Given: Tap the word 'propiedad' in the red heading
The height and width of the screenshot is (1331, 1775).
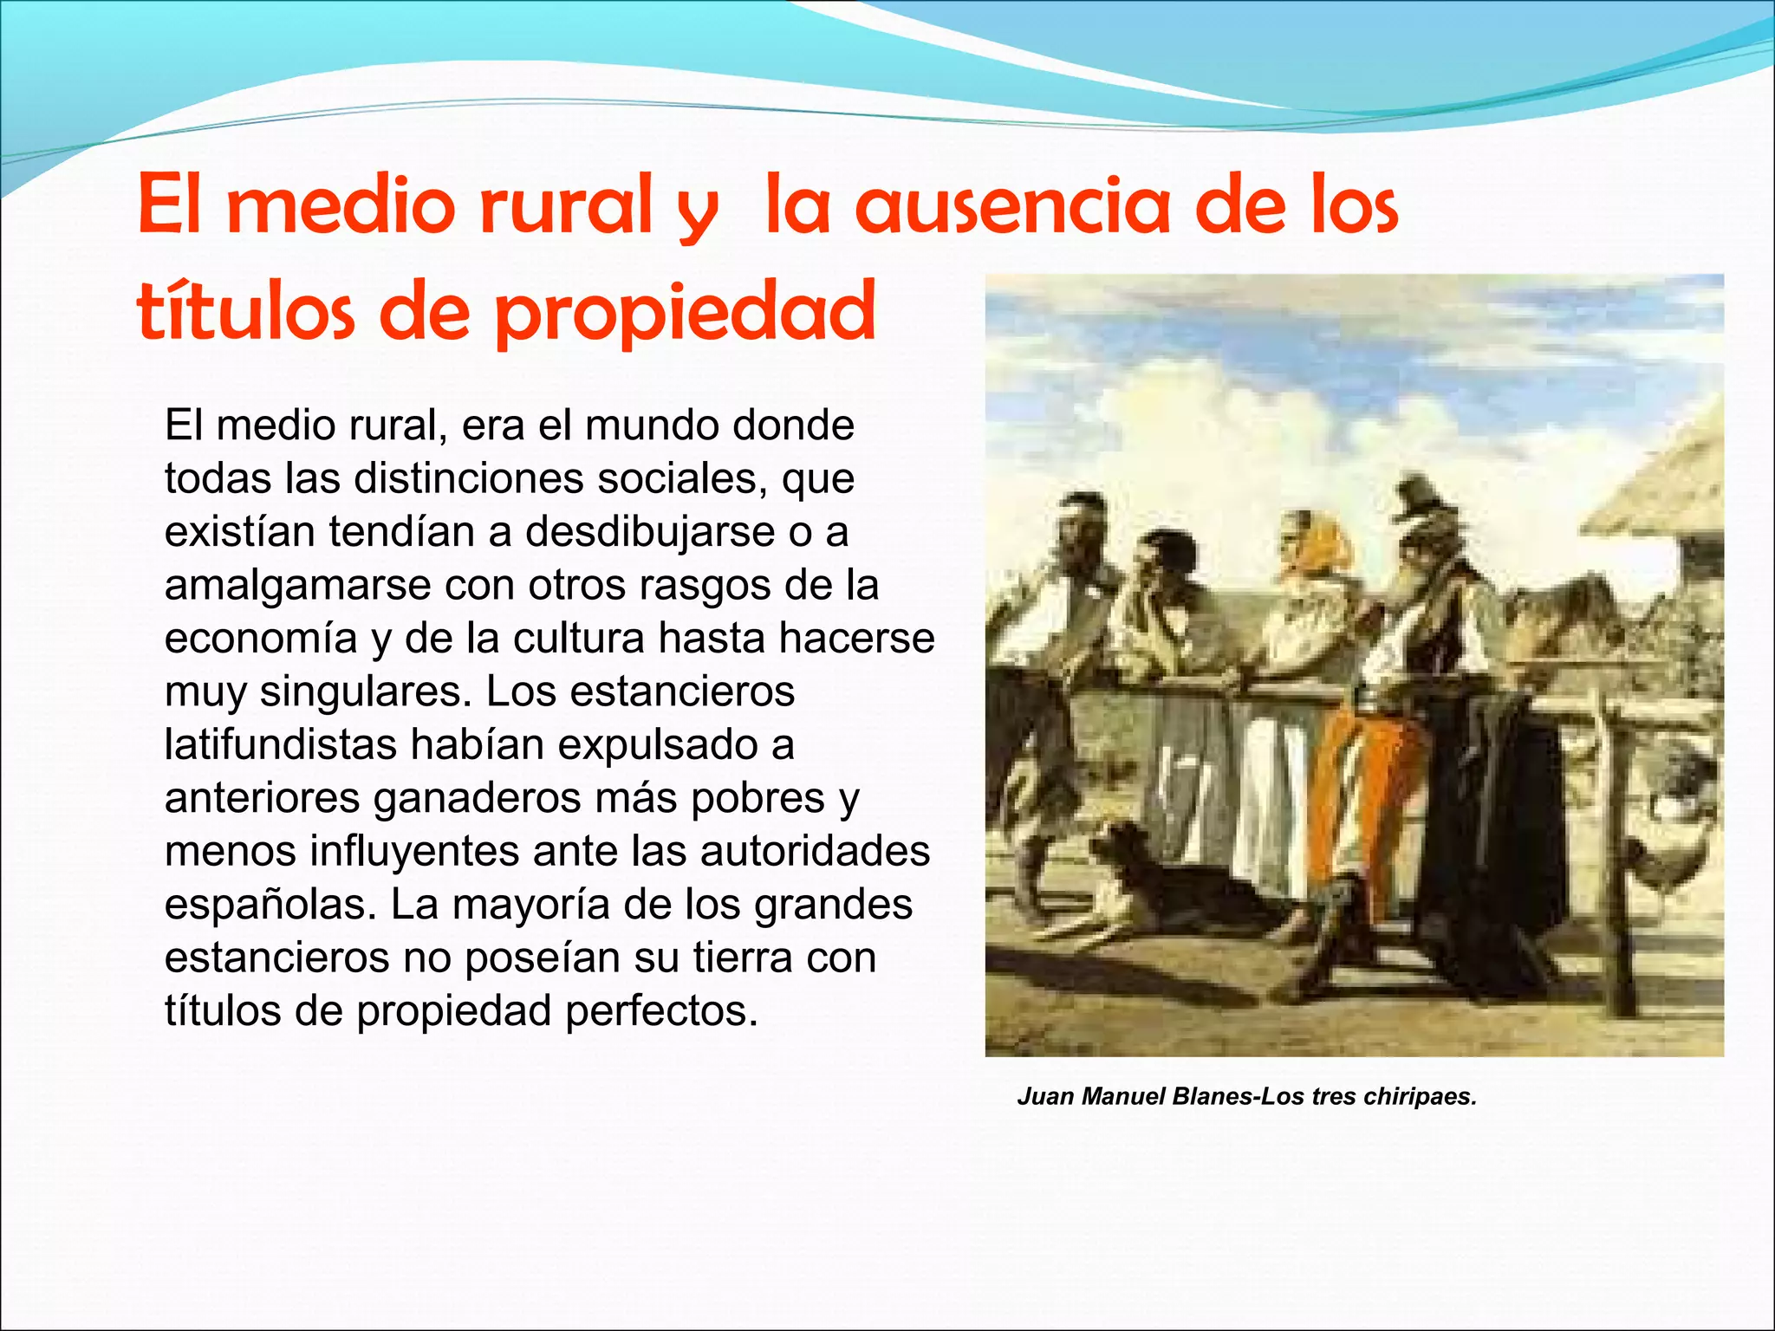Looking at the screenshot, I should click(x=685, y=313).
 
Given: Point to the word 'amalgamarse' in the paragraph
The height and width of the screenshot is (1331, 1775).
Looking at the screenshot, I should click(x=297, y=586).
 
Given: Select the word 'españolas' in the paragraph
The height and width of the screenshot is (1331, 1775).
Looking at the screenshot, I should click(x=269, y=905).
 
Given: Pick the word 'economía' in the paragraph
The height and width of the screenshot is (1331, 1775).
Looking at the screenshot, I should click(x=261, y=639).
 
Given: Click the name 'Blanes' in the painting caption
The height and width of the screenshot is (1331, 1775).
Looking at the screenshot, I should click(x=1213, y=1097).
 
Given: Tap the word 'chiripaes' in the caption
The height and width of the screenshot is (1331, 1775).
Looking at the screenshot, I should click(x=1419, y=1097).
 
